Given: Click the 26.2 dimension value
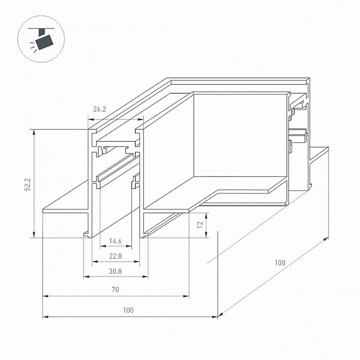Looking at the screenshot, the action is (100, 109).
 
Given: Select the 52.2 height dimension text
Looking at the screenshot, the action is (28, 184).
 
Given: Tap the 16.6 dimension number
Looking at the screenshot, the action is (115, 241).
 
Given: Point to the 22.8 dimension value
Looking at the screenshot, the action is (115, 256).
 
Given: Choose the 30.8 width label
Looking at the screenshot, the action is (115, 271).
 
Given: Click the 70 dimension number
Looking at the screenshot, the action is (115, 290).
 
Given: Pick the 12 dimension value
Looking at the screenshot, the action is (200, 224).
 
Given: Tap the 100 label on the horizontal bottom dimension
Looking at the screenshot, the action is (128, 310).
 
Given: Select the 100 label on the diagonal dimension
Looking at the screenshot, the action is (280, 263).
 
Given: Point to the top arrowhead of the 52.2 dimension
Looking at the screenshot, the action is (34, 132).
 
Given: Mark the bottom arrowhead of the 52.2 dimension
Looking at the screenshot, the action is (34, 235).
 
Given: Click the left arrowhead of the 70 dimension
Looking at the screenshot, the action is (46, 296).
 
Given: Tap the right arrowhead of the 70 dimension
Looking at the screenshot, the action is (186, 296).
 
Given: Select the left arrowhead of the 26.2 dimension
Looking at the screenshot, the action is (91, 119).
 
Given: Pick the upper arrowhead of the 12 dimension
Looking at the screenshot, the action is (206, 215).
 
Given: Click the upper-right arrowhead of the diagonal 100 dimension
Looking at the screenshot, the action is (326, 239).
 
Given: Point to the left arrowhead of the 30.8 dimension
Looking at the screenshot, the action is (86, 277).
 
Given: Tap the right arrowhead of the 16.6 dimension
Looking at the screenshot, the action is (129, 246).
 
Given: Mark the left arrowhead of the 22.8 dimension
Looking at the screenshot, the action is (95, 262).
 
